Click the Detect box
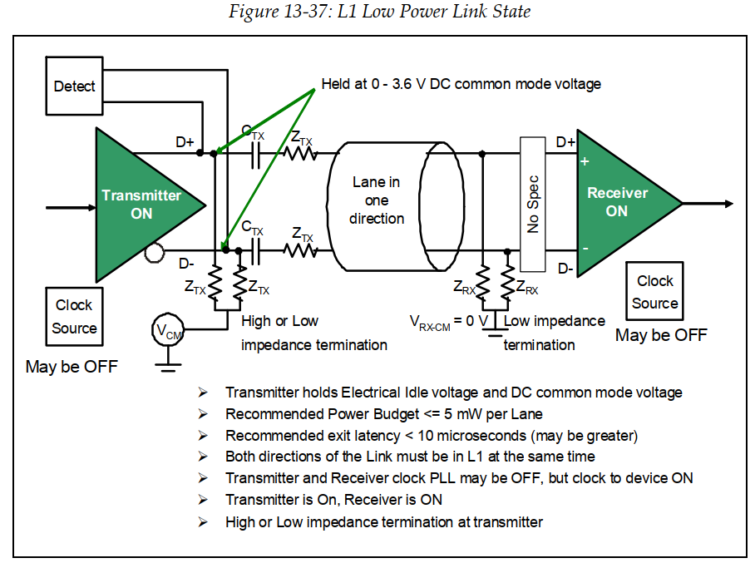pyautogui.click(x=74, y=86)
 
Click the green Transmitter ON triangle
pyautogui.click(x=137, y=204)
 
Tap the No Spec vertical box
pyautogui.click(x=533, y=203)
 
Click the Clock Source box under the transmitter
pyautogui.click(x=74, y=317)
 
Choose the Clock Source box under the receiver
pyautogui.click(x=654, y=292)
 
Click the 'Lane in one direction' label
pyautogui.click(x=376, y=200)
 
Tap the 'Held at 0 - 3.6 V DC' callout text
pyautogui.click(x=461, y=84)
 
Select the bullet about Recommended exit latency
pyautogui.click(x=431, y=436)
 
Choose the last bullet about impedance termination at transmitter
pyautogui.click(x=383, y=522)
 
